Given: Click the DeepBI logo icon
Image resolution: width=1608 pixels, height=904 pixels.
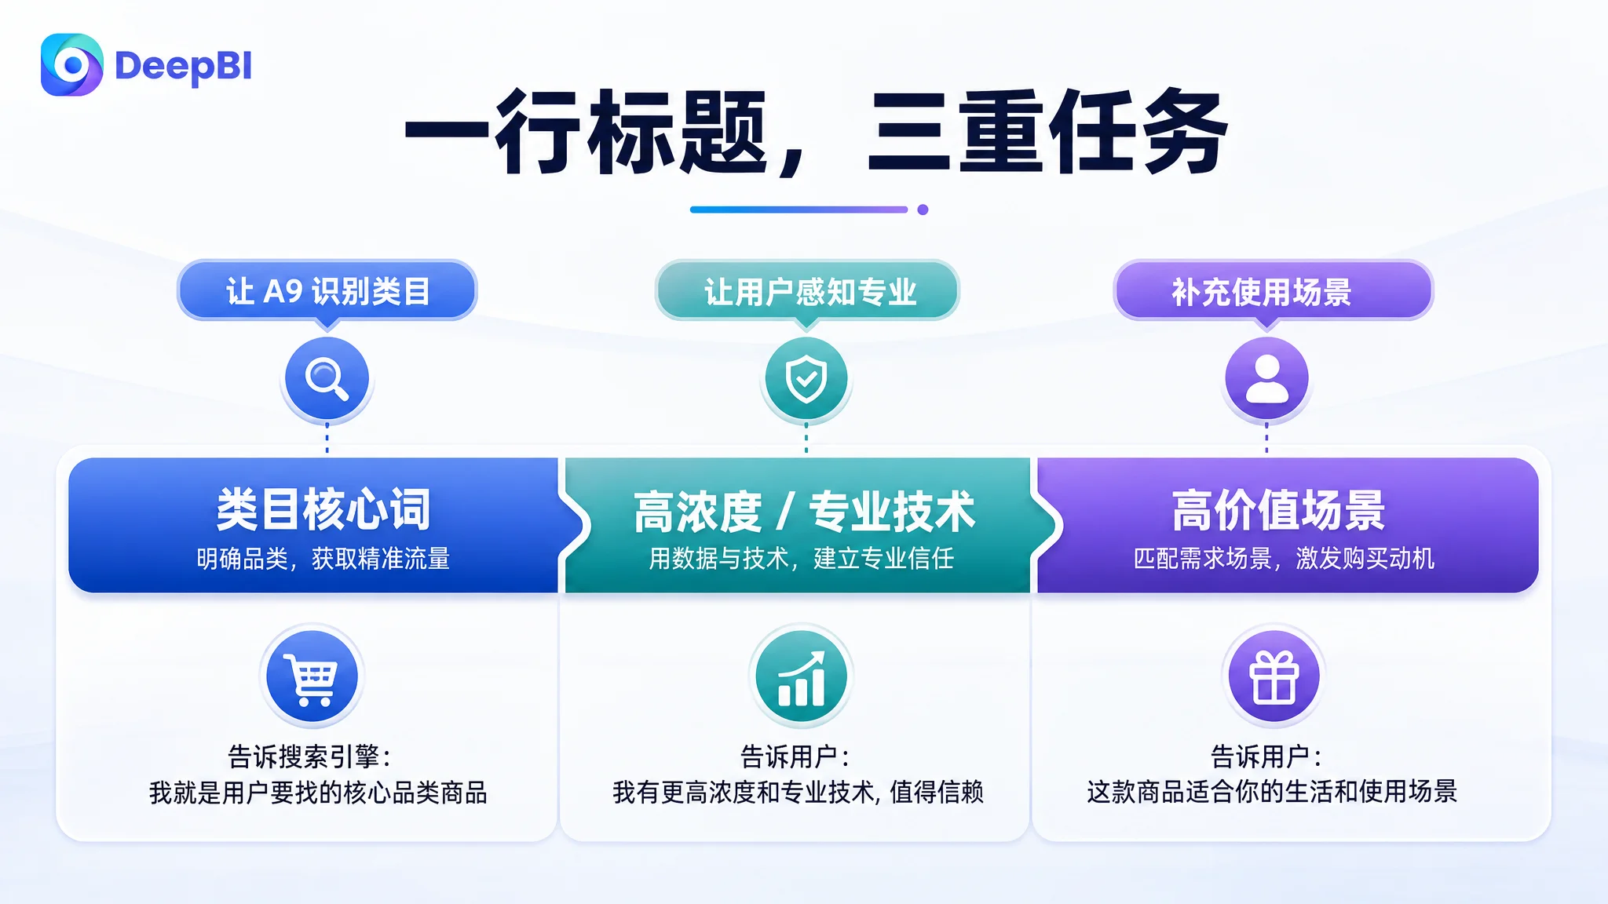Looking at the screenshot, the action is (71, 64).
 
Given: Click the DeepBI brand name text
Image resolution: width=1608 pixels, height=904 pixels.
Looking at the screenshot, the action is (183, 67).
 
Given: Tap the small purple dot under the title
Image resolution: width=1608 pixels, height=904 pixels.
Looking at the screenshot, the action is (923, 210).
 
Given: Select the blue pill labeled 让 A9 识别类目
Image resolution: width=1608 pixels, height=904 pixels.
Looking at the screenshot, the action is (327, 291).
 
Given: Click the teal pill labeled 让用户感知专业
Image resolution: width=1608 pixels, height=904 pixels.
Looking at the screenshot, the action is (808, 292).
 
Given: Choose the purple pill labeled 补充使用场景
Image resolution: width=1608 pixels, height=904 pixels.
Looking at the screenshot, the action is (1273, 292).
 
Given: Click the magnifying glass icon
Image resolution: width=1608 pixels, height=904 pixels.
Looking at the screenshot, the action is (327, 379).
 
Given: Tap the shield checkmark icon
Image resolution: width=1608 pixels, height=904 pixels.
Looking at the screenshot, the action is (806, 379).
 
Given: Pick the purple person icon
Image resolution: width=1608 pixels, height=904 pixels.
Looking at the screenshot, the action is (1266, 379).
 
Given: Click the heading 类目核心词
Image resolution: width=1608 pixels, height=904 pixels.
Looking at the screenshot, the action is (323, 509).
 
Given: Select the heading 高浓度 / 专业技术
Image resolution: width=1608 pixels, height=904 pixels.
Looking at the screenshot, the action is (804, 512).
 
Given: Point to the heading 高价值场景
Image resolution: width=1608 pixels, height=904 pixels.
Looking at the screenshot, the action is (1279, 510).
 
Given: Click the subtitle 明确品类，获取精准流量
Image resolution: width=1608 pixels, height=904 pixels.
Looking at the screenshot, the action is (323, 559).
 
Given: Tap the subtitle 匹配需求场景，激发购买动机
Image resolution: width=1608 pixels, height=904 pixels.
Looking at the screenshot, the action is (1284, 558).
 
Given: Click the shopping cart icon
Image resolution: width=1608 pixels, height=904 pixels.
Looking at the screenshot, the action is (312, 676).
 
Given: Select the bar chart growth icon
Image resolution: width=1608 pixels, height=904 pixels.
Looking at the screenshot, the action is (801, 676).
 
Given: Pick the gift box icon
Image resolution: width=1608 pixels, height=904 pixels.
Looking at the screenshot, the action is (1274, 676).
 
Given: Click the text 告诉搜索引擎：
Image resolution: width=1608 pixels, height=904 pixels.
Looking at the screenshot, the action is (310, 756).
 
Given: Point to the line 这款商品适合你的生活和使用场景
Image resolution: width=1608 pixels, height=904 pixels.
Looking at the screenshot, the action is (1272, 791).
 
